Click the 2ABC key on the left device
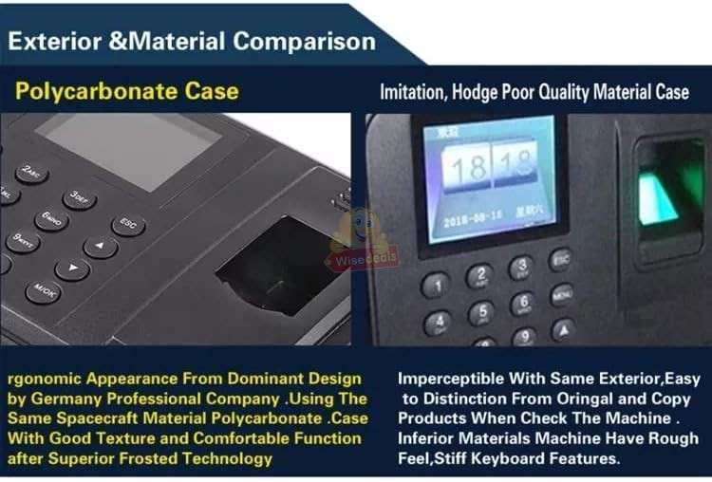[32, 174]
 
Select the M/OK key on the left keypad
[43, 289]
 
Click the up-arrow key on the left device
[100, 247]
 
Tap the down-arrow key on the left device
[72, 269]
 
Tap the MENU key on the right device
[562, 293]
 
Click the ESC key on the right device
[561, 259]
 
